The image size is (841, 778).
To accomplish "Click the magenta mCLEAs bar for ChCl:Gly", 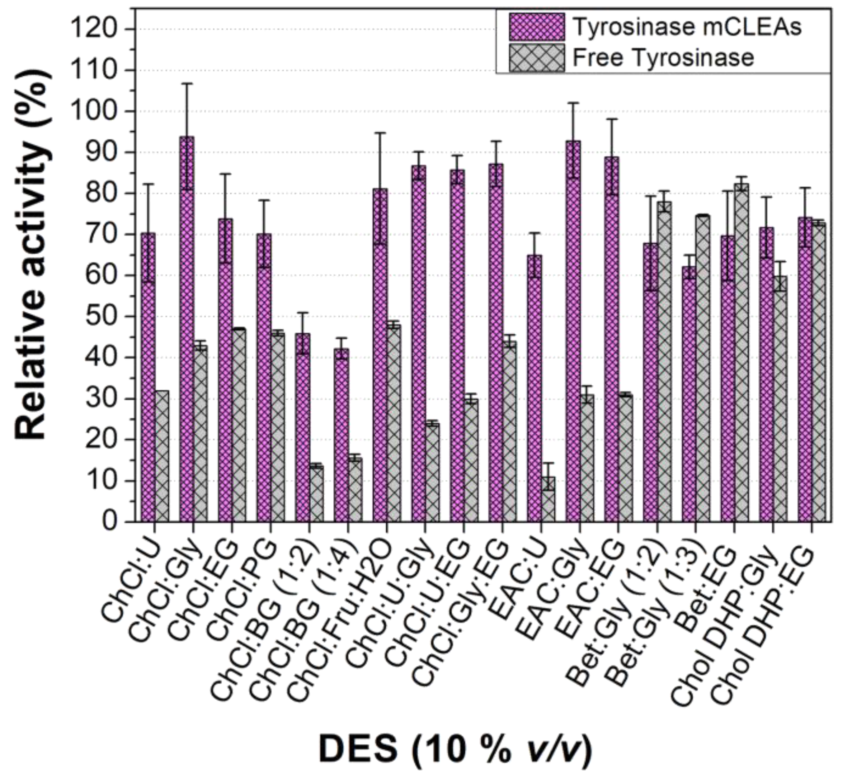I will pos(187,328).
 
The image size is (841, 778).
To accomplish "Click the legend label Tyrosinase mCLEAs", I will pos(687,27).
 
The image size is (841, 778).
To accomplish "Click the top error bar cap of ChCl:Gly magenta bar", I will pos(187,83).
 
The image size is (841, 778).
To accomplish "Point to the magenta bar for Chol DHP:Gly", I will pos(766,374).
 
